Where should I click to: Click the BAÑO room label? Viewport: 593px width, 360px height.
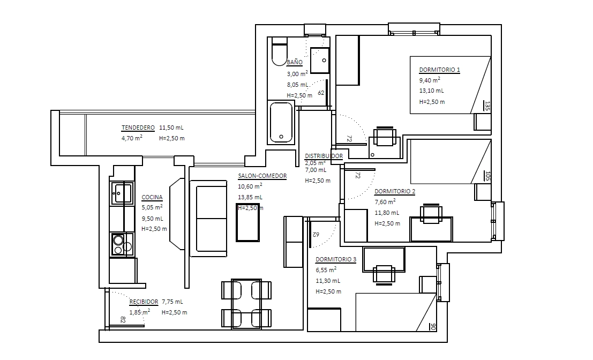(295, 62)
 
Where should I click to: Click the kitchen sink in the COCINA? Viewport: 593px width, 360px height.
(122, 193)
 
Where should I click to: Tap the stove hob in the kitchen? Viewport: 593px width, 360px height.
(122, 244)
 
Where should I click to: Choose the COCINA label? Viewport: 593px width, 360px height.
(152, 197)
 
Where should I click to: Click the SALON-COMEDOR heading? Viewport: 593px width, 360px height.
(262, 176)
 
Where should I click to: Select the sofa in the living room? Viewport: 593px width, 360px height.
(208, 219)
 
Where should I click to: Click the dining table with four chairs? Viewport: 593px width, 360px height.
(246, 304)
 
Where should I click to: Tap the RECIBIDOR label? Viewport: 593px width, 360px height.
(144, 302)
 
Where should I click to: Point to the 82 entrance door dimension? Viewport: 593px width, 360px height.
(123, 319)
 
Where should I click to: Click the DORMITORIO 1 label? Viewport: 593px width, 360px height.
(439, 70)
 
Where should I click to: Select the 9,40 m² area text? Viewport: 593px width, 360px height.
(430, 80)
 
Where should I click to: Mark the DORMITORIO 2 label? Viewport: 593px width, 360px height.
(395, 191)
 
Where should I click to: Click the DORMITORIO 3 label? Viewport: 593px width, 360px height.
(336, 259)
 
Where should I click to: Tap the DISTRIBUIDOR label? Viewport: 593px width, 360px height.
(324, 156)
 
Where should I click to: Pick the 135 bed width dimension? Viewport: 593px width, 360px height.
(487, 106)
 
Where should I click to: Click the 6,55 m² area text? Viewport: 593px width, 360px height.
(326, 270)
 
